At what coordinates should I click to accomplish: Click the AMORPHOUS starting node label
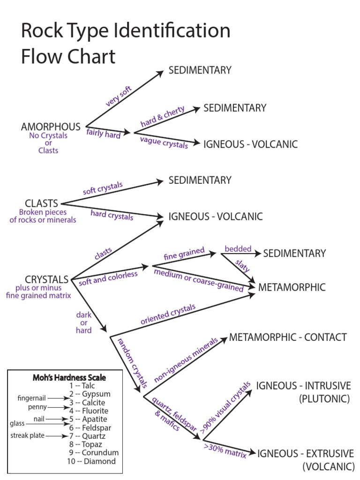point(51,127)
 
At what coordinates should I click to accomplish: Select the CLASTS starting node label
point(42,203)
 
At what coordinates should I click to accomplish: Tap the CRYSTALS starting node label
point(46,279)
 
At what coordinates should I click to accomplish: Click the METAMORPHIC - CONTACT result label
point(288,337)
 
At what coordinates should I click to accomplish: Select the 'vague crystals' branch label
point(164,142)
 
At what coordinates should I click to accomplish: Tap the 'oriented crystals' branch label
point(168,315)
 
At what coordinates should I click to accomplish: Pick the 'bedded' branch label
point(238,249)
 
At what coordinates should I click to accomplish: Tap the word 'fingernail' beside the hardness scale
point(31,398)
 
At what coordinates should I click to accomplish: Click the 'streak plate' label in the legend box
point(27,436)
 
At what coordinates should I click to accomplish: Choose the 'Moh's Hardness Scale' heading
point(69,377)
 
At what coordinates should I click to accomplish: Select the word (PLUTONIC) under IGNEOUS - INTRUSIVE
point(325,399)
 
